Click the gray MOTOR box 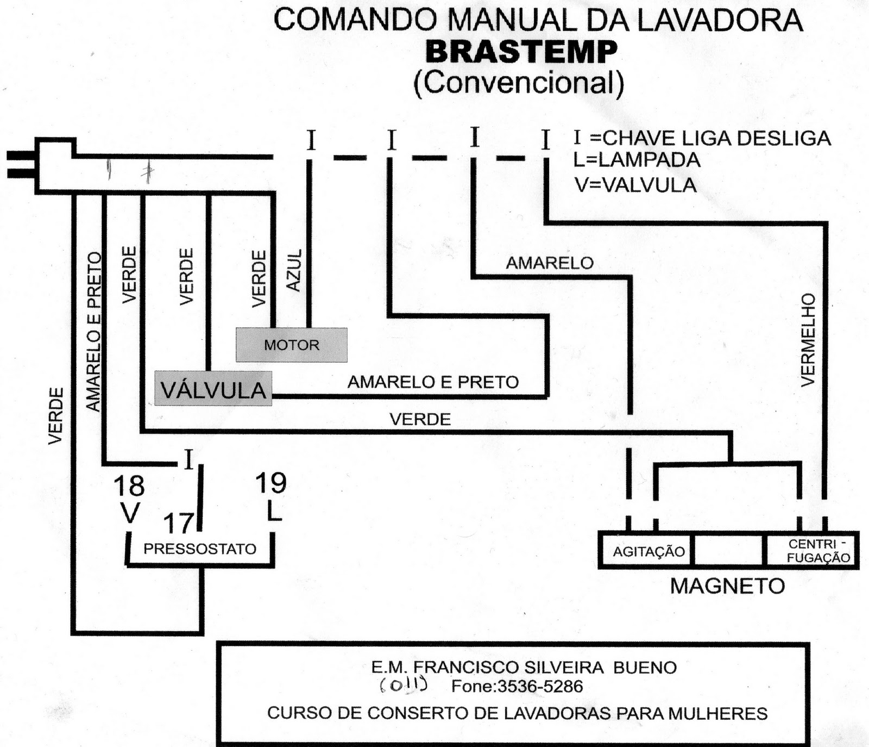[x=292, y=345]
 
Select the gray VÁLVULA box [x=213, y=389]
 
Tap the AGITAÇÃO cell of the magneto [x=648, y=551]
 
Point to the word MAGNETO [x=727, y=586]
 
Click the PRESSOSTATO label [x=200, y=549]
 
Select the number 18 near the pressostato [x=129, y=485]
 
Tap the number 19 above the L [x=270, y=482]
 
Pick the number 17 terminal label [x=179, y=523]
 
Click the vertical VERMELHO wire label [x=809, y=340]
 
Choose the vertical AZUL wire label [x=293, y=270]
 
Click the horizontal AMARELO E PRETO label [x=433, y=382]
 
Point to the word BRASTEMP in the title [x=521, y=52]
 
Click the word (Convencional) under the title [x=519, y=83]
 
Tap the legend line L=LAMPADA [x=637, y=160]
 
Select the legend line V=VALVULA [x=635, y=185]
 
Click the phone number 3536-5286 [x=540, y=686]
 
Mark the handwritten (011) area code [x=403, y=685]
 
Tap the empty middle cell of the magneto [x=728, y=551]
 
